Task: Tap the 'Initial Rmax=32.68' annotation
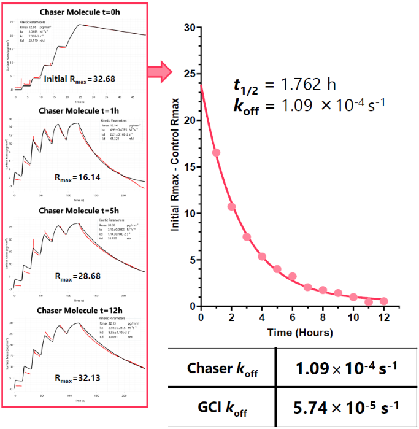[80, 79]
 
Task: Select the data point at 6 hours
[293, 276]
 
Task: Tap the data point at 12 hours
[384, 301]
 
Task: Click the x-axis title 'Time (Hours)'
[292, 333]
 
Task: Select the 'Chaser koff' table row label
[221, 368]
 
